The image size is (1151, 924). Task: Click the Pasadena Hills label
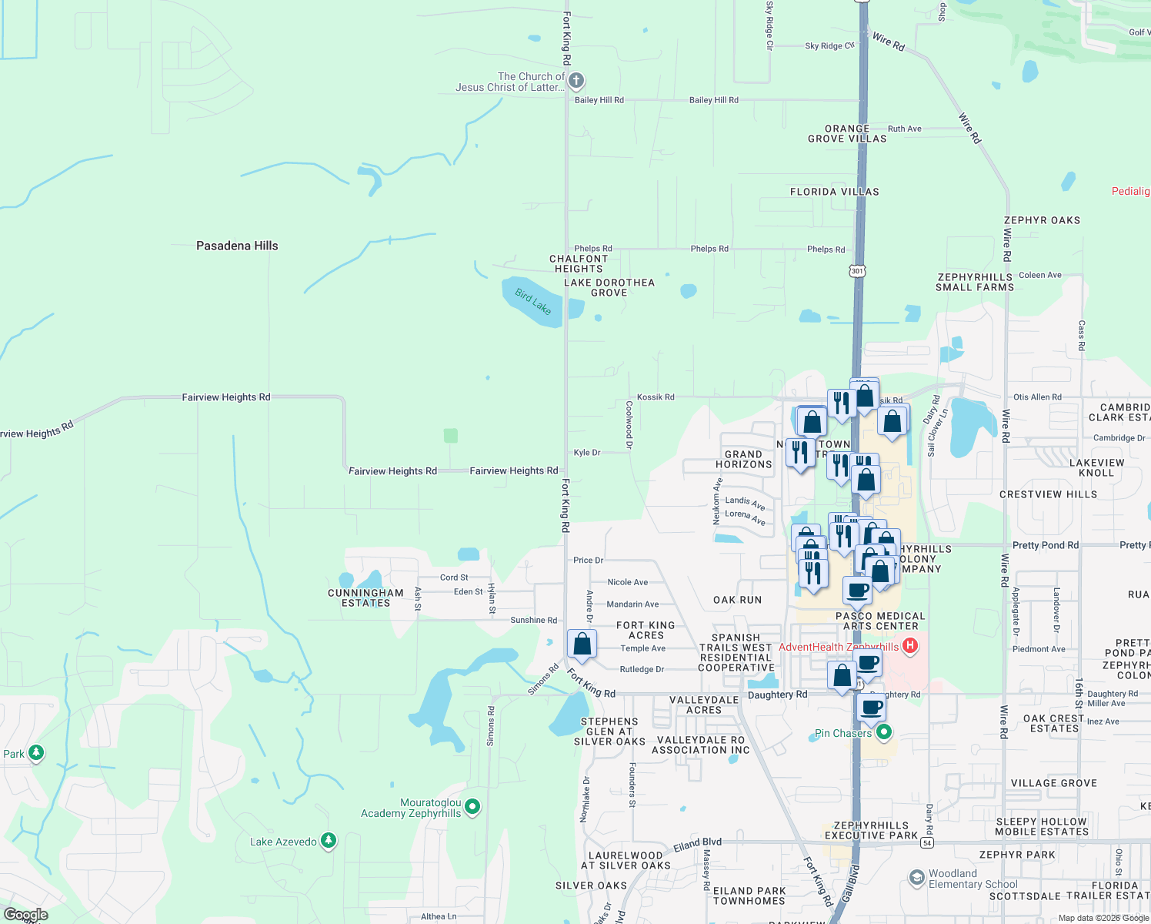coord(237,246)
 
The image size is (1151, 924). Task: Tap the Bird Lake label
coord(533,302)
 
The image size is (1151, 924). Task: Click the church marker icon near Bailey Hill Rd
coord(576,81)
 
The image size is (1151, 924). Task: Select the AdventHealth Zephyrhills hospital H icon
coord(910,645)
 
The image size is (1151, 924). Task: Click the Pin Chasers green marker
coord(884,732)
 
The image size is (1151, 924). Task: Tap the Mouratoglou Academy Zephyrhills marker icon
coord(472,806)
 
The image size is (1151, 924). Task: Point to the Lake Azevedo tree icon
coord(329,841)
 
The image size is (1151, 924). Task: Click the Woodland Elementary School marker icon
coord(916,878)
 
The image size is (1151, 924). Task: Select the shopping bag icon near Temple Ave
coord(582,644)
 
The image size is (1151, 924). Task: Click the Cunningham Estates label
coord(365,598)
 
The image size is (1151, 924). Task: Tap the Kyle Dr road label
coord(587,453)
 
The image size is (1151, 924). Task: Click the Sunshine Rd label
coord(533,620)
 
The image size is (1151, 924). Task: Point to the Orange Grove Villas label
coord(847,134)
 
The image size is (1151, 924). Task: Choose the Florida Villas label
coord(834,192)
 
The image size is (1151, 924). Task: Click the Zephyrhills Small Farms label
coord(975,282)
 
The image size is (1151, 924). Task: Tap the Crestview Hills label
coord(1048,494)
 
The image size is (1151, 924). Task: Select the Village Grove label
coord(1053,783)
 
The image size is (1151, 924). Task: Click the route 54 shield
coord(927,843)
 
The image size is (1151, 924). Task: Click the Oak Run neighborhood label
coord(737,600)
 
